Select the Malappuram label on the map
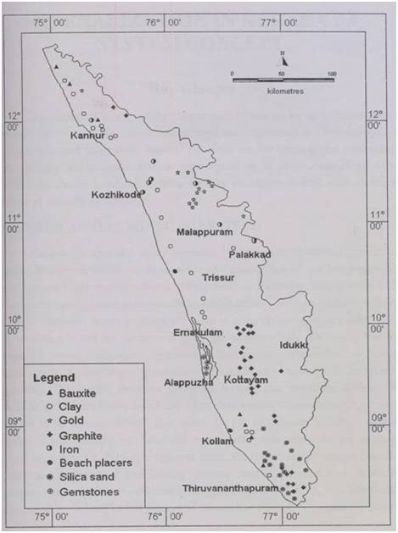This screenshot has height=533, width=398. [x=204, y=231]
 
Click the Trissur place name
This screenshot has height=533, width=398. [x=218, y=277]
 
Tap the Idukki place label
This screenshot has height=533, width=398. [x=294, y=346]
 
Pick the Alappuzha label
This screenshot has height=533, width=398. [x=188, y=383]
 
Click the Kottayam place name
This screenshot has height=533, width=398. [x=248, y=382]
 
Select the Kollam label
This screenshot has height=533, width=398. [x=216, y=441]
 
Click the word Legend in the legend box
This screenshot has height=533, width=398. [x=54, y=377]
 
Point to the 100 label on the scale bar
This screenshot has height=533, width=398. [x=332, y=74]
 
